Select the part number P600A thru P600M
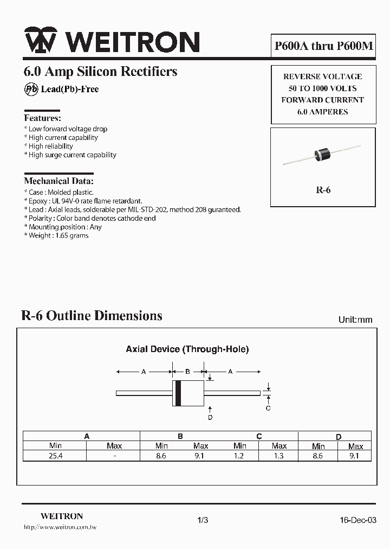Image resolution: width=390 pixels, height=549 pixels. coord(323,47)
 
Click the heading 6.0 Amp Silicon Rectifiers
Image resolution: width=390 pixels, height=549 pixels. coord(101,71)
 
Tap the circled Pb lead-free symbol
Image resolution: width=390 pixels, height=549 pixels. coord(31,90)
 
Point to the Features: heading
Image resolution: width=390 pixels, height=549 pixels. coord(42,118)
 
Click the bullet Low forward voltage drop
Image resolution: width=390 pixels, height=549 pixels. coord(68,129)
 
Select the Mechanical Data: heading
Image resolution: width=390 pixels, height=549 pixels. coord(58,181)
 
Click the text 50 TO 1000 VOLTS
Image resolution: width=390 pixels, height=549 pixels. coord(323,88)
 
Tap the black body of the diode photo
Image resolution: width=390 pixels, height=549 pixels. coord(324,154)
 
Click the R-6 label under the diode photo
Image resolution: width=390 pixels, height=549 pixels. coord(323,190)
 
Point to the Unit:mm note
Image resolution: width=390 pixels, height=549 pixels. coord(355,320)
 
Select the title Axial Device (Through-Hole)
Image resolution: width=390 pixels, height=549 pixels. coord(187,349)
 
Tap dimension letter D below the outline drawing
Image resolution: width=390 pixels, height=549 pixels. coord(210,417)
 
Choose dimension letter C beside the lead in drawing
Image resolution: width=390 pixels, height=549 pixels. coord(268,408)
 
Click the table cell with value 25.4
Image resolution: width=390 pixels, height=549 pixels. coord(55,456)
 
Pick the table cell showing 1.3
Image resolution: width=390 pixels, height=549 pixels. coord(278,456)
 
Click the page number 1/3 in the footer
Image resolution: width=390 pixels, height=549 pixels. coord(203,520)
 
